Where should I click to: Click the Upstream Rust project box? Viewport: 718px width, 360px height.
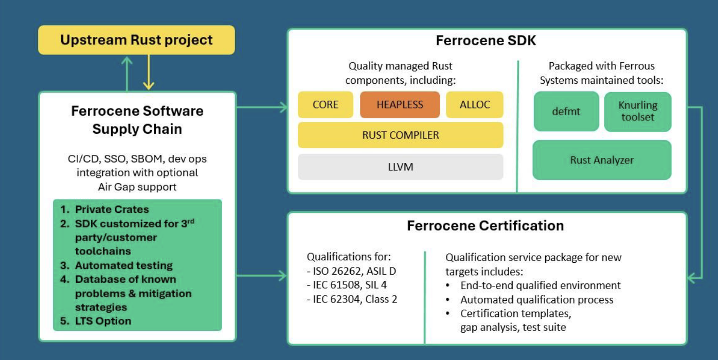click(136, 40)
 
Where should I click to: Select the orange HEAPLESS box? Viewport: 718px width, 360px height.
click(400, 105)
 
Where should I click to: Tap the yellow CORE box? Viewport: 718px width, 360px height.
click(326, 105)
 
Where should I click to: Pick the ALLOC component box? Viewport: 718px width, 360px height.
click(474, 105)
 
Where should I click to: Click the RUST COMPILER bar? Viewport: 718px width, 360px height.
click(400, 135)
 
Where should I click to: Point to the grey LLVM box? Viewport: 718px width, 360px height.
click(400, 167)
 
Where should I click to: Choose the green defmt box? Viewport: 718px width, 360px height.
click(566, 111)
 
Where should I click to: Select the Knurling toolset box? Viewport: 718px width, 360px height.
click(638, 111)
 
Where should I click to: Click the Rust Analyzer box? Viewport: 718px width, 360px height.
click(602, 160)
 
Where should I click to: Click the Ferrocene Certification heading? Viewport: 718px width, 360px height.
click(486, 226)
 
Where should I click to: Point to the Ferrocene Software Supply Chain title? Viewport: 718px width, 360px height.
click(137, 120)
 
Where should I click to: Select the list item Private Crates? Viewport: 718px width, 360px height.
click(112, 209)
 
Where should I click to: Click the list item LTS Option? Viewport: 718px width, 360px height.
click(103, 321)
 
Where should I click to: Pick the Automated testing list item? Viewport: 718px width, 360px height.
click(123, 265)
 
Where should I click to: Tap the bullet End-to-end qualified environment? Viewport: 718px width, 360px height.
click(540, 285)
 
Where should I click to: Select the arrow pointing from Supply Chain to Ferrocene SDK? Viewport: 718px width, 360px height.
click(262, 107)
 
